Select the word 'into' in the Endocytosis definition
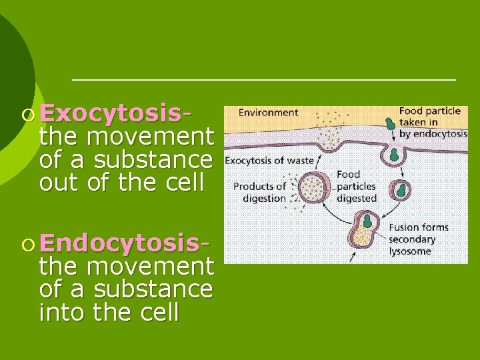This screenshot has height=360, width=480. pyautogui.click(x=64, y=312)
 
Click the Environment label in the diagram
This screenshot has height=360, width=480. pyautogui.click(x=268, y=113)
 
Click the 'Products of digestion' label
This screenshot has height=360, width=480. pyautogui.click(x=259, y=192)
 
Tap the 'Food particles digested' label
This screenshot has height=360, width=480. pyautogui.click(x=356, y=186)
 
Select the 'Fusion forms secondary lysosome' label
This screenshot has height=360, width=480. pyautogui.click(x=418, y=239)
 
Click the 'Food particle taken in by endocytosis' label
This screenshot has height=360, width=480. pyautogui.click(x=433, y=123)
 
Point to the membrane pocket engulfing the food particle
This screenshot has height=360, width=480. pyautogui.click(x=394, y=153)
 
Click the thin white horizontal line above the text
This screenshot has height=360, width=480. pyautogui.click(x=263, y=79)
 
